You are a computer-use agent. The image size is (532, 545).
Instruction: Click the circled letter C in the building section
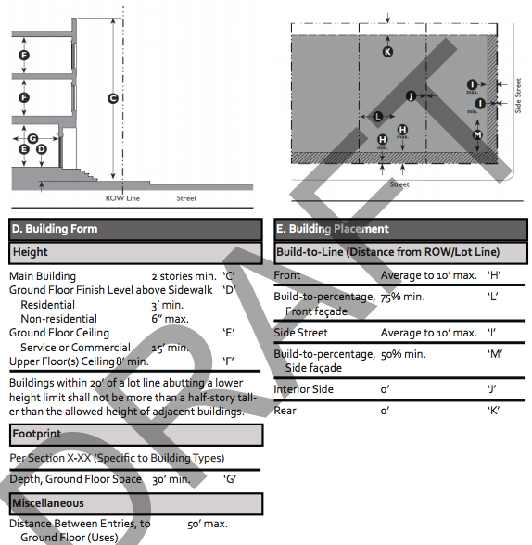(112, 97)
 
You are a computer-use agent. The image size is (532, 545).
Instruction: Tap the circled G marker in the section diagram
(32, 138)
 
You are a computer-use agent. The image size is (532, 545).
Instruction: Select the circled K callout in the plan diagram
(387, 52)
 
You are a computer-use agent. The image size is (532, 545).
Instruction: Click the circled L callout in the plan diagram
(377, 115)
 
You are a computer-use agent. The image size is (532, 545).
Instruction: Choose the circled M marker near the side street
(477, 134)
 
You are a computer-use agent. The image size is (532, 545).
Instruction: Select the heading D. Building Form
(54, 229)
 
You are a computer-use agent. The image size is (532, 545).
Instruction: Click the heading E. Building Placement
(332, 229)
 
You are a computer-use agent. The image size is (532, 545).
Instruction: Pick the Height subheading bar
(31, 252)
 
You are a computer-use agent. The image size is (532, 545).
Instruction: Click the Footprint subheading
(37, 434)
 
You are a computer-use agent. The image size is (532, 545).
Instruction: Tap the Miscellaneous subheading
(48, 503)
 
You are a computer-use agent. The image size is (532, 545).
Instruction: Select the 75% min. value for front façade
(402, 297)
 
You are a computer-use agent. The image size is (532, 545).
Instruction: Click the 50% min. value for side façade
(402, 354)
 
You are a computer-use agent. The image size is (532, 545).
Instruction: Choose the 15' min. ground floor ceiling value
(170, 348)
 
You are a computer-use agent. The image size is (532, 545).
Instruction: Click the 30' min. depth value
(170, 479)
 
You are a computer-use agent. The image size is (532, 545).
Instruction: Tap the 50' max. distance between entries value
(207, 524)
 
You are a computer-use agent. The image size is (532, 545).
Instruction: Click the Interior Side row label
(303, 389)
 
